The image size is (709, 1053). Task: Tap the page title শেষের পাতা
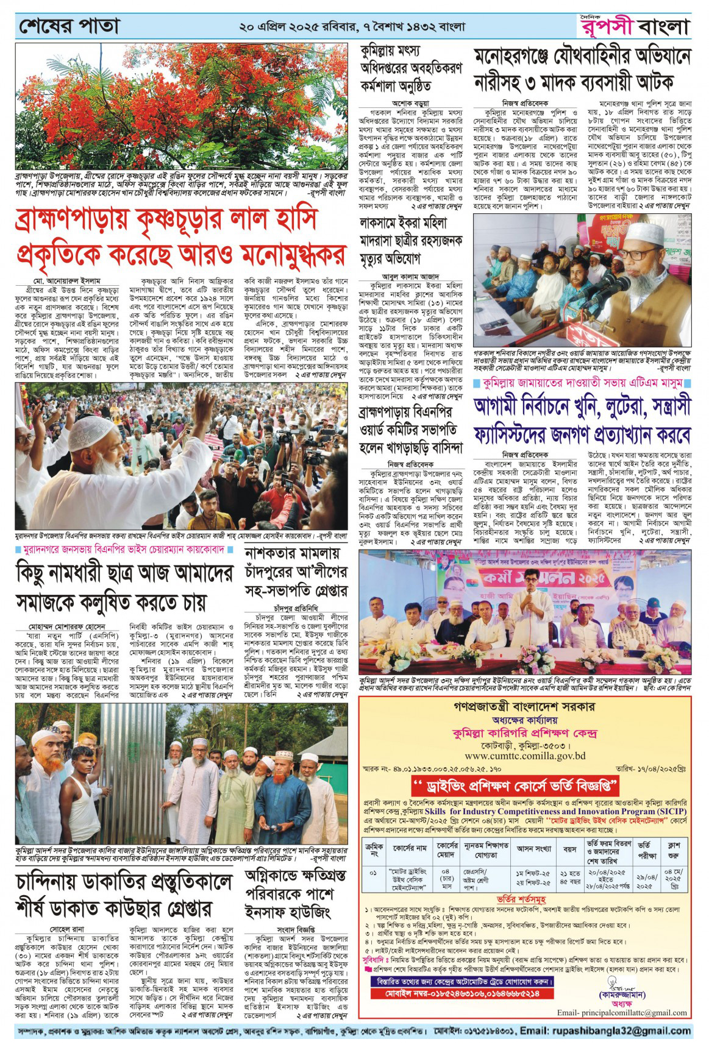pos(69,27)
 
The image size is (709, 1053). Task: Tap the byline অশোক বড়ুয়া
pos(412,104)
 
